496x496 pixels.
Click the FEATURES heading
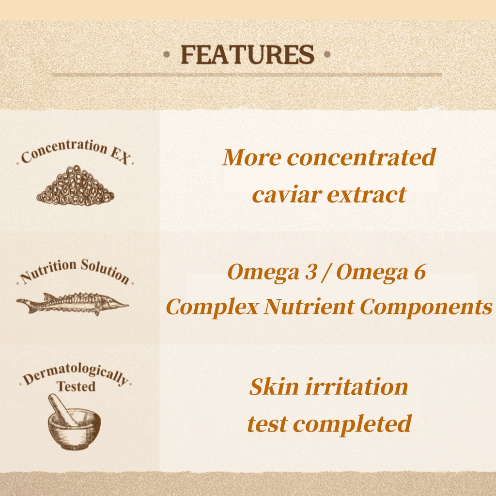tap(248, 55)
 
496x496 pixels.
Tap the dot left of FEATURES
tap(167, 55)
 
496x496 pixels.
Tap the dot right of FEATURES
tap(327, 55)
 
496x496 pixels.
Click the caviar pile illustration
tap(75, 186)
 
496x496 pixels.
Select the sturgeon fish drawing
tap(73, 304)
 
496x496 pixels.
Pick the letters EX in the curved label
tap(121, 156)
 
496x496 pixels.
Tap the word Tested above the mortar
tap(76, 386)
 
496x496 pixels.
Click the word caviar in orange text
tap(287, 195)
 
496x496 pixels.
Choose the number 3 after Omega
tap(311, 272)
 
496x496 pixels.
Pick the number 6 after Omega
tap(420, 272)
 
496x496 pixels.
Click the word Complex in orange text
tap(212, 307)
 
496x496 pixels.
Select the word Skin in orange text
tap(274, 387)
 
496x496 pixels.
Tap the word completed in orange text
tap(352, 424)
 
